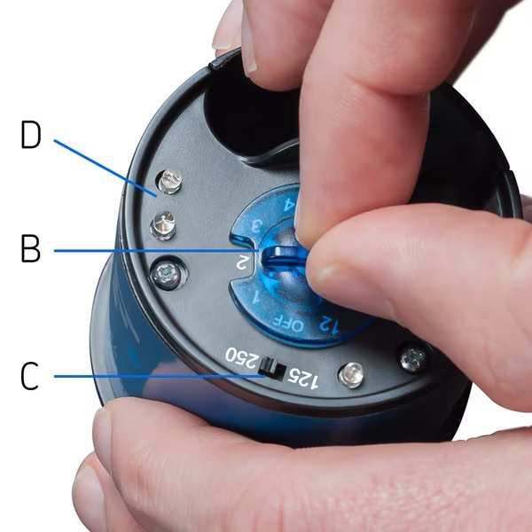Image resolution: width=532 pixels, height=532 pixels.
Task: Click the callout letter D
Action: click(x=31, y=135)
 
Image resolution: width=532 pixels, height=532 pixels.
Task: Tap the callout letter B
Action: click(x=30, y=248)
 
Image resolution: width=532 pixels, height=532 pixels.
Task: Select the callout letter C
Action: click(x=29, y=376)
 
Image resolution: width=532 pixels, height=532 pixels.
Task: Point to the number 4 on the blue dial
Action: click(x=289, y=204)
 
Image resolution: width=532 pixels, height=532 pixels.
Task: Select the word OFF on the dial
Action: click(x=288, y=324)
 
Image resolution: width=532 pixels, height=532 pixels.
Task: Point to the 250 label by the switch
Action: click(x=241, y=358)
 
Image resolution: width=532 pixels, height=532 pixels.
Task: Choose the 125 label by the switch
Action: click(x=303, y=378)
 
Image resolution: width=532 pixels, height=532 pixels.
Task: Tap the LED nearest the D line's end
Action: click(x=169, y=181)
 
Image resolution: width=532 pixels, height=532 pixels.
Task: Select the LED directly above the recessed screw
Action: click(x=163, y=225)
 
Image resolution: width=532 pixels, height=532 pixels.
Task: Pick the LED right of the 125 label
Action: click(x=351, y=375)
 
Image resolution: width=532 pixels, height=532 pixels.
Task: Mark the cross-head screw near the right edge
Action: click(x=413, y=358)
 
